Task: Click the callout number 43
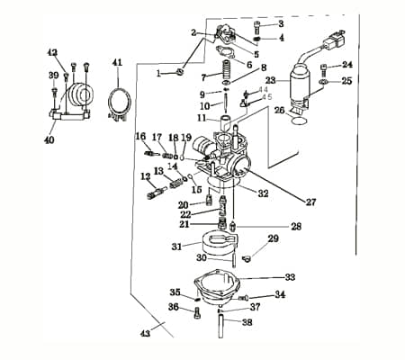coord(144,333)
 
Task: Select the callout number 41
coord(116,62)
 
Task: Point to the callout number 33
coord(289,277)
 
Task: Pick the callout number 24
coord(347,65)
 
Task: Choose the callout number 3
coord(280,23)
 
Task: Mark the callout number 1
coord(159,73)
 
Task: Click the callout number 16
coord(140,136)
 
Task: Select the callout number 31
coord(176,246)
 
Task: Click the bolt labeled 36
coord(197,313)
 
